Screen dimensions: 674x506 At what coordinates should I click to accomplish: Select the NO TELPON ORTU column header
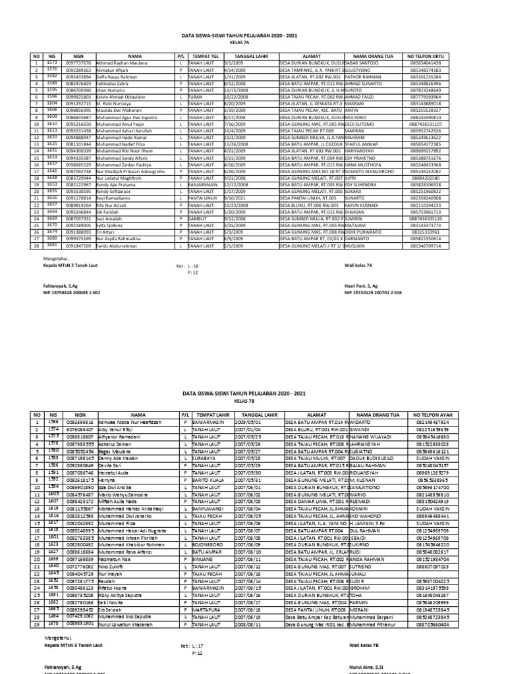coord(434,57)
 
